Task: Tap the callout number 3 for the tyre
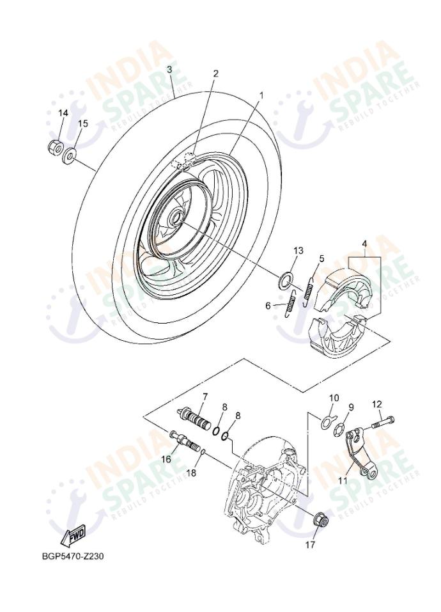pyautogui.click(x=169, y=69)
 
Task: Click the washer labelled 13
pyautogui.click(x=286, y=279)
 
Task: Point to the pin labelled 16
pyautogui.click(x=181, y=440)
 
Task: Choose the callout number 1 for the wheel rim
pyautogui.click(x=261, y=95)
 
